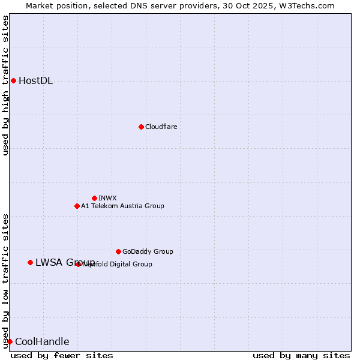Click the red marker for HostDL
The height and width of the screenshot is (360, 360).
coord(13,80)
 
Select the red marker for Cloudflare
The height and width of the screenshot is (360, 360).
coord(141,127)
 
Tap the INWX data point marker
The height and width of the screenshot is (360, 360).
coord(94,198)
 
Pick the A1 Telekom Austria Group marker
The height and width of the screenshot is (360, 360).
coord(77,206)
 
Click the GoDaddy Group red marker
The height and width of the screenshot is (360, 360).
coord(118,251)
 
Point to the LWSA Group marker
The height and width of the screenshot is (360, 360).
coord(30,262)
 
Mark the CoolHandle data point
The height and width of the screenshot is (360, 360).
coord(10,341)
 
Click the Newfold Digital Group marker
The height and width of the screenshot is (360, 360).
coord(79,264)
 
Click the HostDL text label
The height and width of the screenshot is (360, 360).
coord(36,81)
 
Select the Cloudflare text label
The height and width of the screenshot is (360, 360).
coord(161,127)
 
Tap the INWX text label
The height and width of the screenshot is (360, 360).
coord(107,198)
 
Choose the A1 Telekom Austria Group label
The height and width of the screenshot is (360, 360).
coord(122,206)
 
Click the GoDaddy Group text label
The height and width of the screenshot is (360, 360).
coord(148,251)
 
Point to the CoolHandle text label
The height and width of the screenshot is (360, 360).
coord(42,342)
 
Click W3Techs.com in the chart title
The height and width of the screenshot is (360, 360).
coord(310,5)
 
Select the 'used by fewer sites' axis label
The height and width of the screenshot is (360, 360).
coord(62,355)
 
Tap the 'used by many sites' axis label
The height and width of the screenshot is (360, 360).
coord(301,355)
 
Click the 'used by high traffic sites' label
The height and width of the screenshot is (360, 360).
coord(5,85)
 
